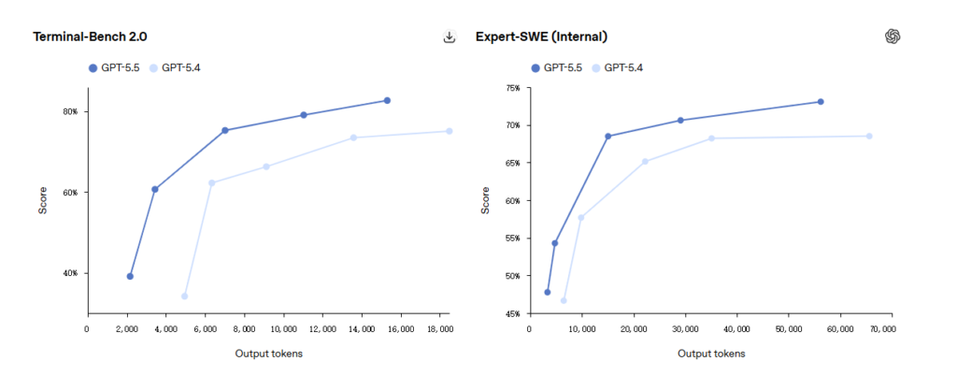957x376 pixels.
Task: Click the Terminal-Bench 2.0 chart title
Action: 90,36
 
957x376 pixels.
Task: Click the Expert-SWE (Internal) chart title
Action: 541,36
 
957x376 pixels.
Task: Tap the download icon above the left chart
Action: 450,37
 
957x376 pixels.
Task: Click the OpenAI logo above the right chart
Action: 893,36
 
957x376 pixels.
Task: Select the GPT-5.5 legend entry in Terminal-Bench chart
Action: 114,67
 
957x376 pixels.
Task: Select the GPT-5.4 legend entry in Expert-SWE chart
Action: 618,67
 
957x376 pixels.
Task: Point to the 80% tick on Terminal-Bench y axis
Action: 70,111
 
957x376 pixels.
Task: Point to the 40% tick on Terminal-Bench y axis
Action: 70,273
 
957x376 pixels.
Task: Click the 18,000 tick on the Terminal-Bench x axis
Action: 439,329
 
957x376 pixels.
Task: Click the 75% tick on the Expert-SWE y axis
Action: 512,88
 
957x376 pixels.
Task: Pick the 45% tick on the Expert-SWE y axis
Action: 512,314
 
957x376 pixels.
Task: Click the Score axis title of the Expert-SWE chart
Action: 485,200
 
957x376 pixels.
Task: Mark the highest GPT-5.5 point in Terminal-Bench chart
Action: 387,100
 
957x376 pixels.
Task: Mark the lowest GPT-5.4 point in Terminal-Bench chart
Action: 184,296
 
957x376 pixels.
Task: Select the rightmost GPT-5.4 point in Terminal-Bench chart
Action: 449,131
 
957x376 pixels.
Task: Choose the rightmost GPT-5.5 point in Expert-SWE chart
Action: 820,101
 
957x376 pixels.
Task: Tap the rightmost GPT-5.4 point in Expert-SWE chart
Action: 868,136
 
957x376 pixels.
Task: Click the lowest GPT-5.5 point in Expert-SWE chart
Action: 547,292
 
